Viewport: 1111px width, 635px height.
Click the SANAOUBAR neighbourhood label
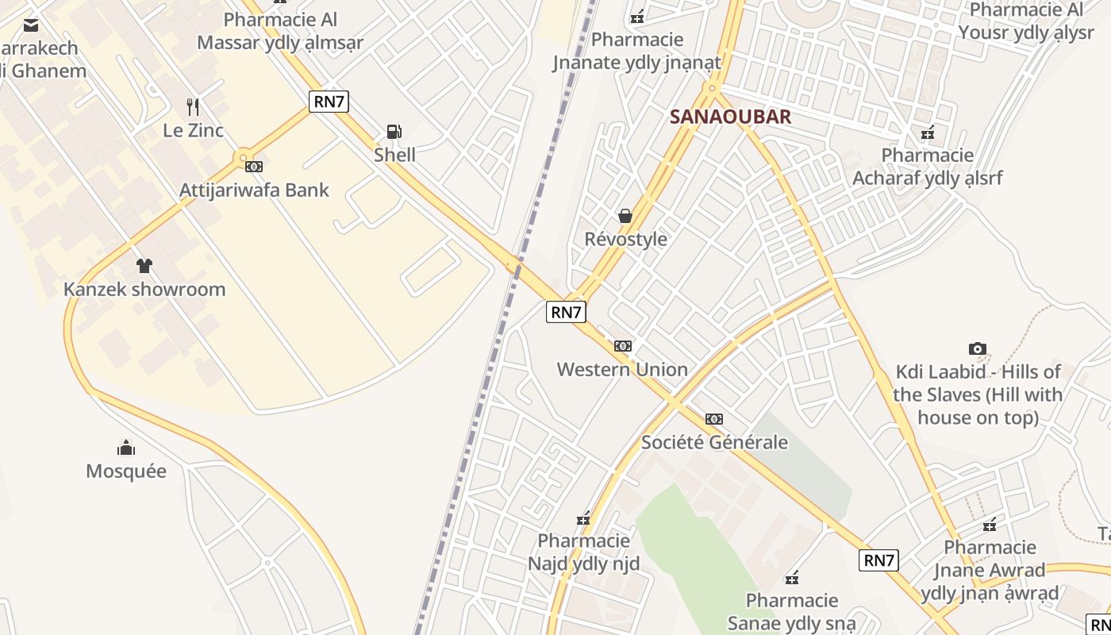click(730, 117)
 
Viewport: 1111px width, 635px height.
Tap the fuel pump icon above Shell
click(394, 132)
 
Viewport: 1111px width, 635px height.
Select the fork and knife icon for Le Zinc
click(193, 106)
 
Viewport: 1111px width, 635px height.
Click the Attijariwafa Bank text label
click(254, 190)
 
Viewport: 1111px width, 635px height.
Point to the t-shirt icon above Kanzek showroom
click(144, 266)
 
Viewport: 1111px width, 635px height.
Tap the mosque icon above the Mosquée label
click(126, 448)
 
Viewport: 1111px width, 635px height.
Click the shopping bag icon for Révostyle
click(625, 216)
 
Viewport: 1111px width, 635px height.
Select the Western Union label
click(622, 369)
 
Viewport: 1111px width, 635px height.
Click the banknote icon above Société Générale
click(714, 419)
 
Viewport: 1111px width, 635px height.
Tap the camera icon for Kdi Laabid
click(978, 348)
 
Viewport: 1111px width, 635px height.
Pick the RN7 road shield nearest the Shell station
click(329, 101)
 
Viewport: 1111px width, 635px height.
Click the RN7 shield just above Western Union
click(566, 312)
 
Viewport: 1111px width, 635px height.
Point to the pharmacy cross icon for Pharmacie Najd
click(584, 519)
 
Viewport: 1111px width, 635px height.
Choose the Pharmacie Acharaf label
click(927, 166)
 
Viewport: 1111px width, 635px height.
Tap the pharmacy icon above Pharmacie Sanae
click(791, 578)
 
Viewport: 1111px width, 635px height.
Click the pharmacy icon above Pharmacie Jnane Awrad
click(990, 525)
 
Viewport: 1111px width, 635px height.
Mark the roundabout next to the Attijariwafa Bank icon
click(243, 158)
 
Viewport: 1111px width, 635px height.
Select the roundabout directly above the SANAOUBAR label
click(712, 88)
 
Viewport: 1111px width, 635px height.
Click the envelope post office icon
click(31, 25)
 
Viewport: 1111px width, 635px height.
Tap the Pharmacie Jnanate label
click(637, 51)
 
